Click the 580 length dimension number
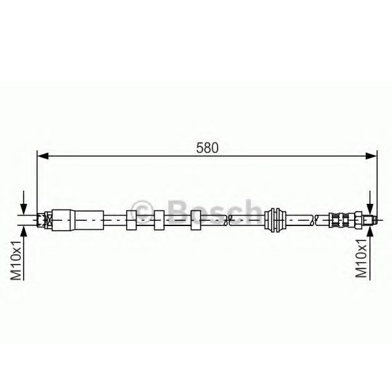pyautogui.click(x=207, y=148)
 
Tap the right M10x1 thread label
pyautogui.click(x=361, y=259)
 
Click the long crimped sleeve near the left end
pyautogui.click(x=77, y=220)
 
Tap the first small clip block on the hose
pyautogui.click(x=130, y=220)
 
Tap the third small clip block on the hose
pyautogui.click(x=197, y=220)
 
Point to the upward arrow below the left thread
pyautogui.click(x=25, y=235)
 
